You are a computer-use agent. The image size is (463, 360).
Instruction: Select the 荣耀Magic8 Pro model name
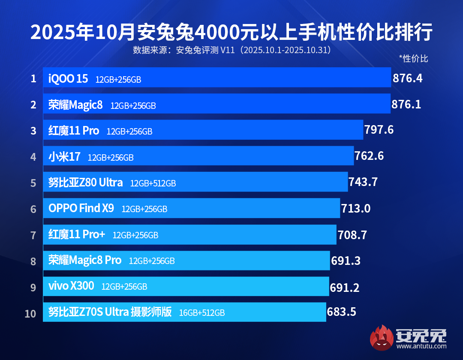85,260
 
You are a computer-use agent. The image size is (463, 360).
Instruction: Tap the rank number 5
33,183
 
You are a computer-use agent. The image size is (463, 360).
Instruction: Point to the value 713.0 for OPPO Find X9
356,209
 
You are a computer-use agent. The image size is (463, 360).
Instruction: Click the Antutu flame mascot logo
382,338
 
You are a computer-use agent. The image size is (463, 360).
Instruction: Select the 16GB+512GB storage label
202,313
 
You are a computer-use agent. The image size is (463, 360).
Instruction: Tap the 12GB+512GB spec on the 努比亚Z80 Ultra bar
153,183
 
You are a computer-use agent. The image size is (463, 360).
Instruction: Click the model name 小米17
64,157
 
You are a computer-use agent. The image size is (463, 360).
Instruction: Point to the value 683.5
342,312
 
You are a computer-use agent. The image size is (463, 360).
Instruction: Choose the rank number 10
30,313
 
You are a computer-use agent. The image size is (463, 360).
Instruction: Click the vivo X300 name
71,286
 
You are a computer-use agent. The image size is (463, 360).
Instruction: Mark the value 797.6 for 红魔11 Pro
379,130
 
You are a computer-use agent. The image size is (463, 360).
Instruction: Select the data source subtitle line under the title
231,50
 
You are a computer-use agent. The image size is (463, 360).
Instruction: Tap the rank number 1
33,79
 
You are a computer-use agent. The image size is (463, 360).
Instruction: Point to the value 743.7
363,182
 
